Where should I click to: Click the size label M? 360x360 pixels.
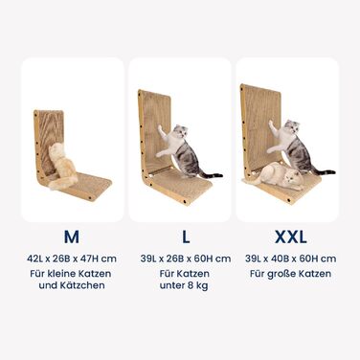coord(72,236)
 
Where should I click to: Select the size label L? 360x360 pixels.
coord(186,236)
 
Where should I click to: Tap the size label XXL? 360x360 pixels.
coord(291,236)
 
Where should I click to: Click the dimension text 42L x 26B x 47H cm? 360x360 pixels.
coord(72,259)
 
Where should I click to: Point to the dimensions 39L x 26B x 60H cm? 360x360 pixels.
coord(186,259)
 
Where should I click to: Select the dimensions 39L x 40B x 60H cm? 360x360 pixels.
coord(291,259)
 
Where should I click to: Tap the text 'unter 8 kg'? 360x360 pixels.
coord(184,285)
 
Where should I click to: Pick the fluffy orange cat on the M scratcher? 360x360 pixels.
coord(63,168)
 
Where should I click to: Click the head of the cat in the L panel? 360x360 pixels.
coord(179,131)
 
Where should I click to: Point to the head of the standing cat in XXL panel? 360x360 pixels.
coord(291,127)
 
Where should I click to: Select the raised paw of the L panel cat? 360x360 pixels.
coord(159,128)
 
